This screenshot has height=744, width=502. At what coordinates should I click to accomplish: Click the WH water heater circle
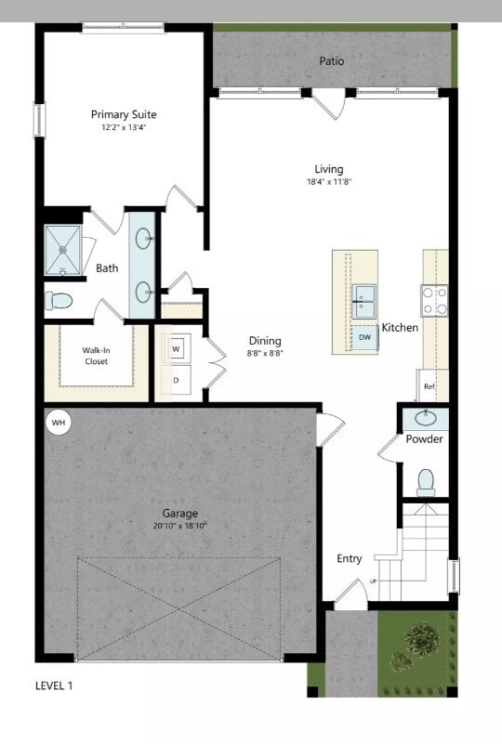click(x=59, y=424)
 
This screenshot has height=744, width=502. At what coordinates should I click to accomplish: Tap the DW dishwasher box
click(x=364, y=337)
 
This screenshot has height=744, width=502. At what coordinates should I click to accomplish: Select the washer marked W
click(x=176, y=348)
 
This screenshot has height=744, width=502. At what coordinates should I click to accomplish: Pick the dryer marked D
click(x=176, y=379)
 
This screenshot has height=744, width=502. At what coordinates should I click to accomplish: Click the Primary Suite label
click(x=124, y=114)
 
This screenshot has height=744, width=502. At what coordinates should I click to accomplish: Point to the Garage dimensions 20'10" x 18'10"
click(x=180, y=526)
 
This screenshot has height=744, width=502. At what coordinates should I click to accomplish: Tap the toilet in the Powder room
click(x=426, y=480)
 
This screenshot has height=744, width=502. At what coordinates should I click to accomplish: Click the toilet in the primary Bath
click(x=59, y=301)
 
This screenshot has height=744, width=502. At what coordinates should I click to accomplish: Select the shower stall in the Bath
click(x=64, y=249)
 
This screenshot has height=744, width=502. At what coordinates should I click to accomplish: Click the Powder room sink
click(x=426, y=417)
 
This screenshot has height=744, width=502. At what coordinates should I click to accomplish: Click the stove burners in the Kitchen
click(x=434, y=300)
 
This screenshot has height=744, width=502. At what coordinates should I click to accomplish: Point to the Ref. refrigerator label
click(x=429, y=385)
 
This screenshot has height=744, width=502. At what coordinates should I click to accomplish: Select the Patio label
click(x=332, y=61)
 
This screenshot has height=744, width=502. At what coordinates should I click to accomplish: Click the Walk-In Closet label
click(x=97, y=355)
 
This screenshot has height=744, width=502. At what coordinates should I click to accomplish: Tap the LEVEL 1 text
click(x=54, y=686)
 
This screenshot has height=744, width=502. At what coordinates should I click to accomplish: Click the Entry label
click(x=350, y=559)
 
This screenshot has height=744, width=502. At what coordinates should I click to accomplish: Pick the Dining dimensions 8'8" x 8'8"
click(x=265, y=353)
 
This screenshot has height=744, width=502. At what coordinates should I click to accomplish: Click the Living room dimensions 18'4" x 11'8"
click(x=328, y=181)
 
